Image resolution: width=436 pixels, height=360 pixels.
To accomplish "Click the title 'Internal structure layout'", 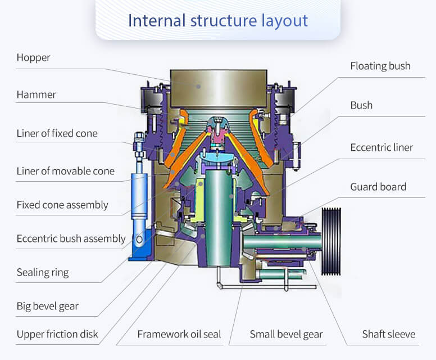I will click(x=218, y=20).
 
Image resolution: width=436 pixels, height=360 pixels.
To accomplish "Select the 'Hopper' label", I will click(x=33, y=57).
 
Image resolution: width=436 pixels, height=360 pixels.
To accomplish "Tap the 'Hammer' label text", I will click(x=37, y=94).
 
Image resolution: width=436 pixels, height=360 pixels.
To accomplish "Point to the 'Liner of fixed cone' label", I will click(x=57, y=133).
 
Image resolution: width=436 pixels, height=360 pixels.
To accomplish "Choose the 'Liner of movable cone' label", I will click(x=65, y=171).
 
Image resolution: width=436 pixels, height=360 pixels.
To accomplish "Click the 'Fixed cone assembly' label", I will click(x=62, y=205).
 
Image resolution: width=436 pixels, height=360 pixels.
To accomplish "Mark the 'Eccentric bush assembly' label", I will click(x=71, y=238).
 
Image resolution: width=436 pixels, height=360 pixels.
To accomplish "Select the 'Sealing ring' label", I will click(x=43, y=272).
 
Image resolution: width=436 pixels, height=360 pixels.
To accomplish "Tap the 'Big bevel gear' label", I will click(x=48, y=306).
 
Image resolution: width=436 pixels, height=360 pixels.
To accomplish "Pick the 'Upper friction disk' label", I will click(x=57, y=334).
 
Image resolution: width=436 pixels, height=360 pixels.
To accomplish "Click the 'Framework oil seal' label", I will click(x=179, y=334).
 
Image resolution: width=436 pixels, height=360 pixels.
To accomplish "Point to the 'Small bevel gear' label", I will click(x=286, y=334).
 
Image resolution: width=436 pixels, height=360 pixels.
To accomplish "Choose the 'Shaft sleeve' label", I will click(x=388, y=334).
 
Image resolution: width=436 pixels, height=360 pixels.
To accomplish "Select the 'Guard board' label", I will click(x=378, y=187).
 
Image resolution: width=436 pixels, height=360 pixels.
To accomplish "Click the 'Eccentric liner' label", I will click(x=381, y=147).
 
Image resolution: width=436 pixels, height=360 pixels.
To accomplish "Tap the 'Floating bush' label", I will click(x=380, y=66).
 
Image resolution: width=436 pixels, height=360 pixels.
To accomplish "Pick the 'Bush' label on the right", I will click(x=361, y=105).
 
